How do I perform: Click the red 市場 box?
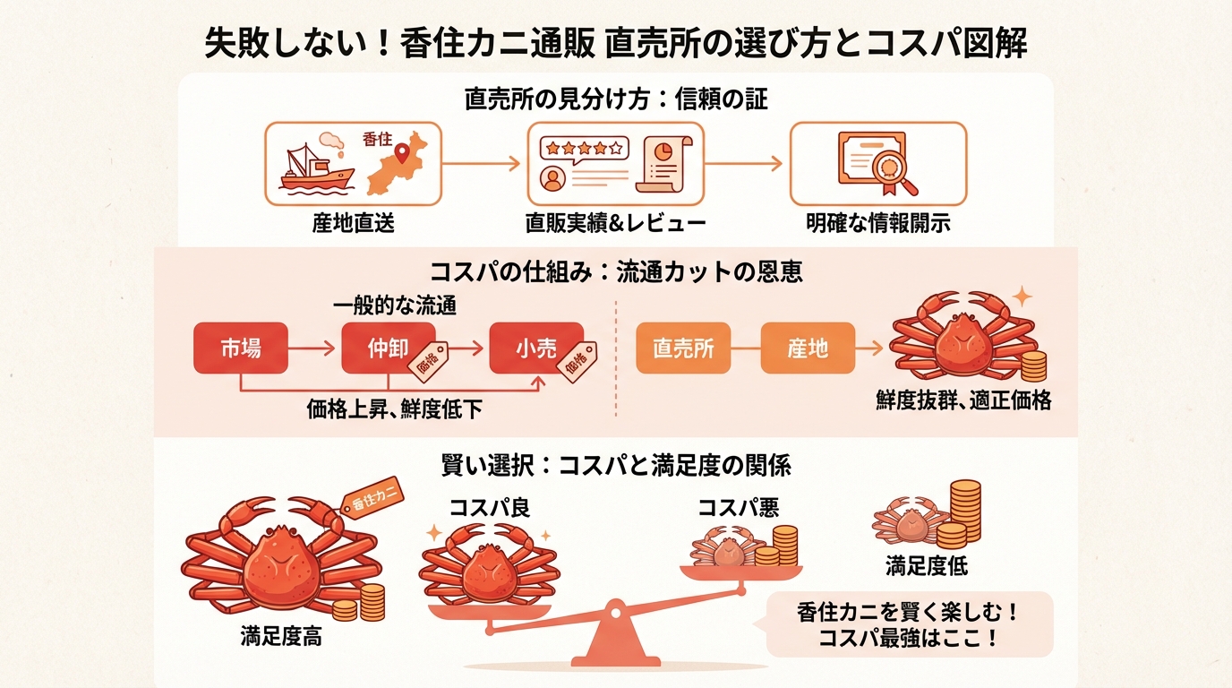(x=241, y=348)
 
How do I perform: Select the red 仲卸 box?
(x=388, y=348)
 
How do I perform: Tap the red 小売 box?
(x=535, y=348)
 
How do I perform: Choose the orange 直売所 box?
(x=683, y=348)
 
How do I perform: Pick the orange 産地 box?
(x=807, y=348)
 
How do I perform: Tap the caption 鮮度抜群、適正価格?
(x=963, y=400)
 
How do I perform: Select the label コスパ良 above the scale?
(x=490, y=508)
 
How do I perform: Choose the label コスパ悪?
(x=738, y=508)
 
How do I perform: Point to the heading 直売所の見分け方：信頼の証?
(x=616, y=99)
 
